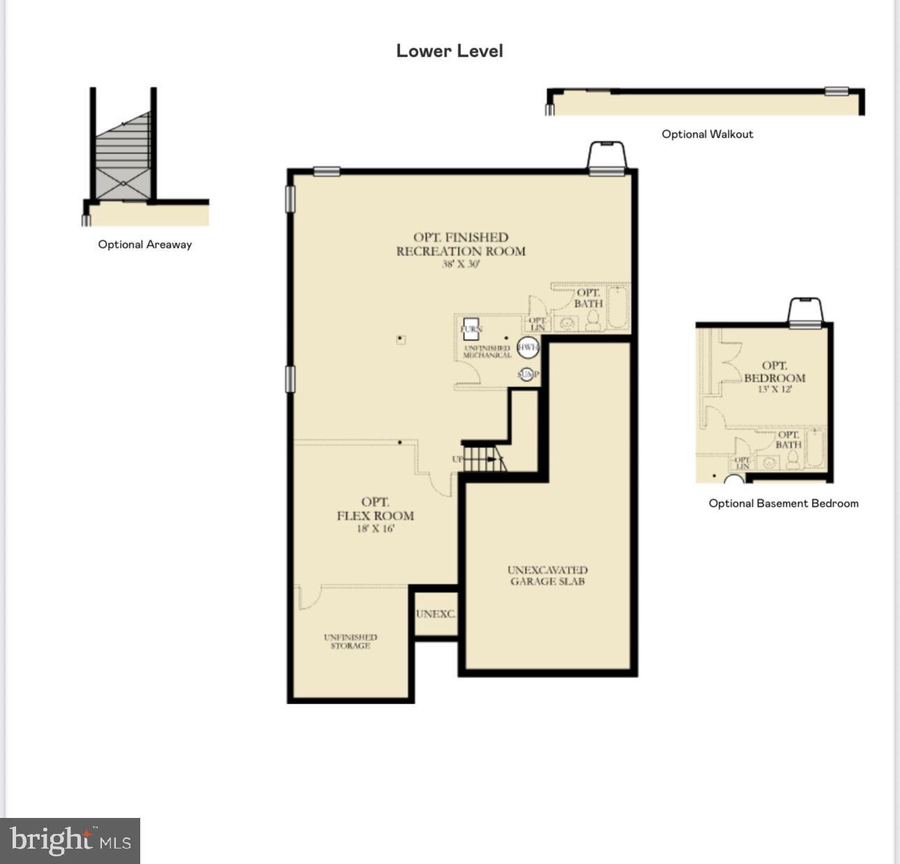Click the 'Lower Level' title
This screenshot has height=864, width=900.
(x=449, y=51)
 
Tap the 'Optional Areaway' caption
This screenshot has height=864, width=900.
(x=144, y=244)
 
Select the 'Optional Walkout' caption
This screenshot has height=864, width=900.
(x=707, y=134)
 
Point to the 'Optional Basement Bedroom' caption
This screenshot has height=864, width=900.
(x=783, y=503)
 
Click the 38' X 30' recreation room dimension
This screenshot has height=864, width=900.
(x=460, y=265)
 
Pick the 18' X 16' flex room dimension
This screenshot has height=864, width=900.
(x=375, y=529)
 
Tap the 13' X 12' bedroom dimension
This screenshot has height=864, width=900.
(x=774, y=389)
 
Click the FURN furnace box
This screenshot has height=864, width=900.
(x=472, y=329)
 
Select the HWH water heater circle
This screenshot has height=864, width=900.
(x=527, y=347)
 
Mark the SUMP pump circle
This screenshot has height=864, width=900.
(x=527, y=375)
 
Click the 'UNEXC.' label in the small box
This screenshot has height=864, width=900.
(x=435, y=614)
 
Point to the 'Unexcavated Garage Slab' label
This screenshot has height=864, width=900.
(x=547, y=576)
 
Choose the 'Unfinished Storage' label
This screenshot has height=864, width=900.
(x=350, y=641)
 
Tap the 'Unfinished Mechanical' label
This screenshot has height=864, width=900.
(x=487, y=352)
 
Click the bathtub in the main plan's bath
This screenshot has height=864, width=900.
(x=618, y=308)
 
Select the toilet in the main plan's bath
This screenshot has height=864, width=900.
(x=593, y=320)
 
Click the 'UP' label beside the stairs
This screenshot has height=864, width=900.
(x=457, y=459)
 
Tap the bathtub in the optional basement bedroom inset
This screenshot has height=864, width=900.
(x=814, y=448)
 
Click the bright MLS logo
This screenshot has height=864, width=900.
(x=70, y=840)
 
